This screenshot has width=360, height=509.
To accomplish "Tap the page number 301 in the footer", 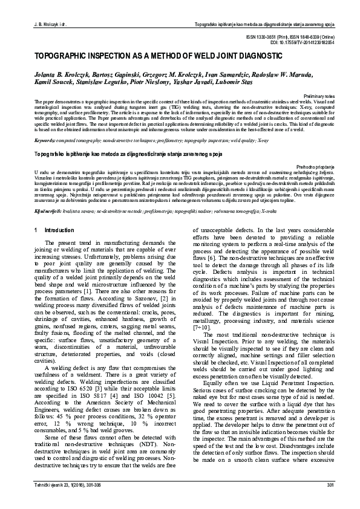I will [x=330, y=502].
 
